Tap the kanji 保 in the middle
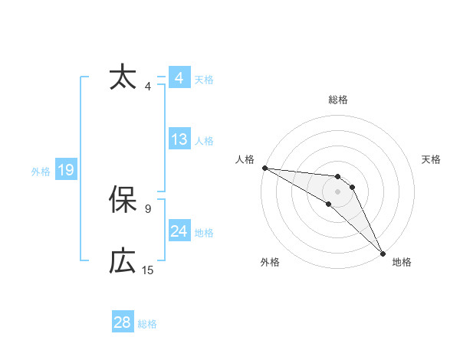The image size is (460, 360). point(123,201)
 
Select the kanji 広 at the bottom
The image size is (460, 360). point(123,261)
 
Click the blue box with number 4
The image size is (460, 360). point(179,78)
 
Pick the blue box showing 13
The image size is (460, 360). point(179,139)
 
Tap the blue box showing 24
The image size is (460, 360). point(179,231)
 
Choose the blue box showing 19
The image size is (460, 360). point(66,170)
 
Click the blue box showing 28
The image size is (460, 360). point(123,322)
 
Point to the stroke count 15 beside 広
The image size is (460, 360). point(148,270)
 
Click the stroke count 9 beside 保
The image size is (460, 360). point(148,208)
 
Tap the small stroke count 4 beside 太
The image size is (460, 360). point(148,86)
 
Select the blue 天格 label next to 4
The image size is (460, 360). point(204,80)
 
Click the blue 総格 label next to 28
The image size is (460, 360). point(147,324)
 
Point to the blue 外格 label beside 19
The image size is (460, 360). point(41,172)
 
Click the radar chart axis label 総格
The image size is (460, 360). point(338,100)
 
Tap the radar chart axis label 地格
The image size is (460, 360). point(402,263)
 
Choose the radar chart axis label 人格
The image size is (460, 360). point(245,159)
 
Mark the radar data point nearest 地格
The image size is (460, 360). point(383,252)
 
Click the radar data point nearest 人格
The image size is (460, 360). point(264,168)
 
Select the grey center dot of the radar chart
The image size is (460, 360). point(338,191)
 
